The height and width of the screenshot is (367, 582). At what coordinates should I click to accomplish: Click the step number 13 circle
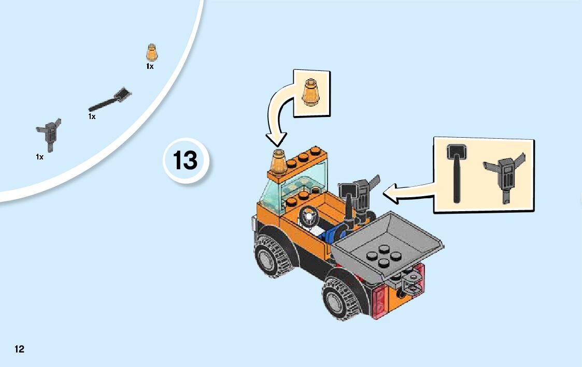click(186, 160)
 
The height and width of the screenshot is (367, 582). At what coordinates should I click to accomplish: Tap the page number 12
click(19, 349)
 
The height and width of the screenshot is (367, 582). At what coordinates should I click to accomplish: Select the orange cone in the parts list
click(151, 52)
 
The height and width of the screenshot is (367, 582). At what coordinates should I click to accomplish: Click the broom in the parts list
click(110, 100)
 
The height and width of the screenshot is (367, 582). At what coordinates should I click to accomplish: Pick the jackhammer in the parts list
click(48, 133)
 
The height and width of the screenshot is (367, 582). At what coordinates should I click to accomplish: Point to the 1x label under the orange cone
click(150, 66)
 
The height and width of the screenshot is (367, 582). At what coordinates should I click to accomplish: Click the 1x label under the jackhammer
click(39, 156)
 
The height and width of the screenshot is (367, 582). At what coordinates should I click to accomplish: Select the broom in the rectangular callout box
click(457, 172)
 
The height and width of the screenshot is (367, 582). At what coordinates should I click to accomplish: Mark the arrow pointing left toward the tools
click(409, 194)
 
